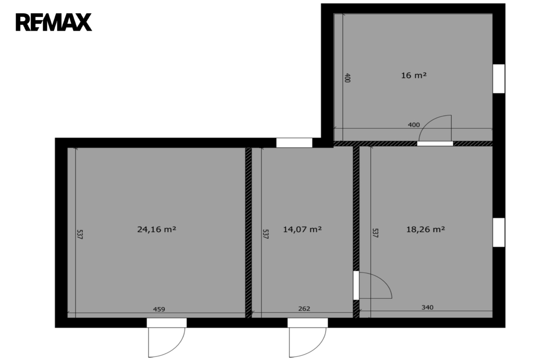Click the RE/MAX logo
53,22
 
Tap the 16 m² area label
414,75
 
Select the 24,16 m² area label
156,229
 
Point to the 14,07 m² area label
302,229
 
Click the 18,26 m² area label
425,229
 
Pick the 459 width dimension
159,309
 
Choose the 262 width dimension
304,309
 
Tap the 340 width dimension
427,307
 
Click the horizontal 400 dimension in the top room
414,125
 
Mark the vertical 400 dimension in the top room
348,78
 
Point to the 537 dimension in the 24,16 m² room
80,234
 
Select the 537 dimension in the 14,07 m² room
266,234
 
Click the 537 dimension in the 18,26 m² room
376,233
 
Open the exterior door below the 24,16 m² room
166,338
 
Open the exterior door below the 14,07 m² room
307,338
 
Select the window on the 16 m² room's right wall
499,79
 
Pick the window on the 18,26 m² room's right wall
499,232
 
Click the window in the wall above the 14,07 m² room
294,143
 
